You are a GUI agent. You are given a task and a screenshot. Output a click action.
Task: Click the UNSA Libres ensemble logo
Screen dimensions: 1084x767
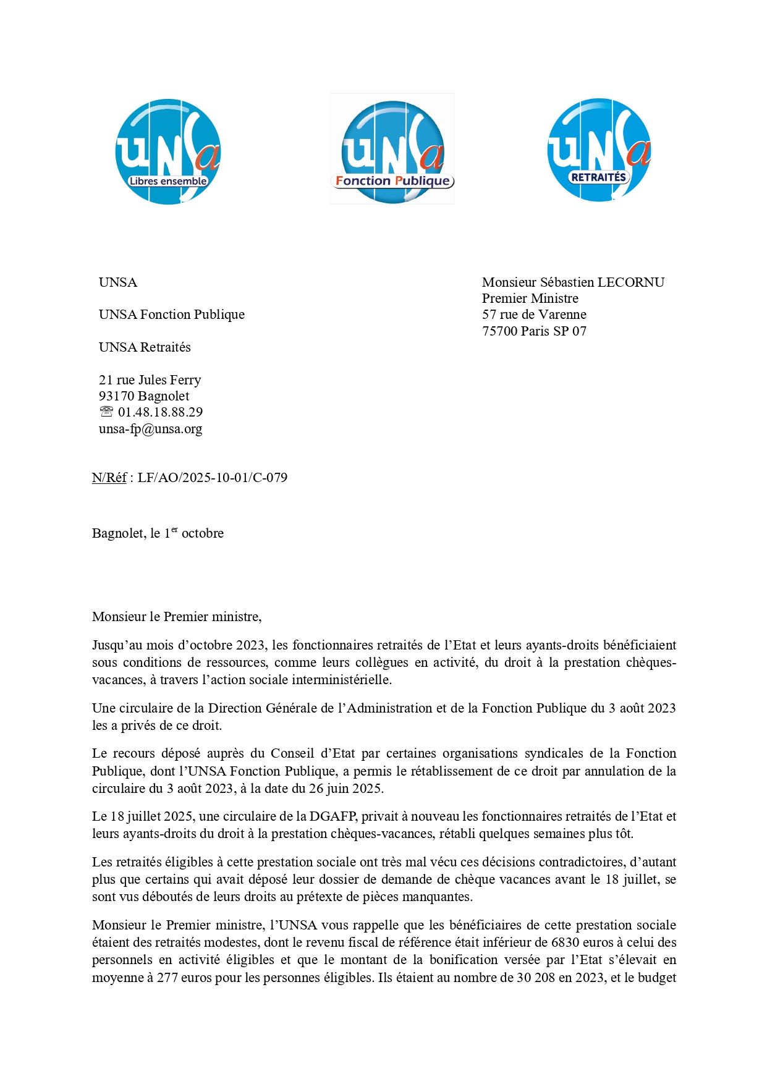click(168, 151)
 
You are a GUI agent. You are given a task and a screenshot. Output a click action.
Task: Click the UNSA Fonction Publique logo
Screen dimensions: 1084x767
click(392, 150)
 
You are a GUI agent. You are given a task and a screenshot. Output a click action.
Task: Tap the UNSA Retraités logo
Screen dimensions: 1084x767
click(599, 150)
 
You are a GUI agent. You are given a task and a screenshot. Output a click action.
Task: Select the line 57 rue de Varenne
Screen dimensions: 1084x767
click(534, 315)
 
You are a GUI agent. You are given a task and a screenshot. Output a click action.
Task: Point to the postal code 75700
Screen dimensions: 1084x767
click(499, 331)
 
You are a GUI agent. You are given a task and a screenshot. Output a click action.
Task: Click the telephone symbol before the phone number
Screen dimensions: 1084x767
click(106, 412)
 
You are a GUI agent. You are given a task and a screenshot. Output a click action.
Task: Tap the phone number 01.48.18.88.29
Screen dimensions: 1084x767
click(160, 412)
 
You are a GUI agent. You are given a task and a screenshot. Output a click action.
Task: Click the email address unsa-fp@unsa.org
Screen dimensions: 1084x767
click(150, 429)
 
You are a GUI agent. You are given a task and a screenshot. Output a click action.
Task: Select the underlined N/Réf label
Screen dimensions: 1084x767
click(109, 478)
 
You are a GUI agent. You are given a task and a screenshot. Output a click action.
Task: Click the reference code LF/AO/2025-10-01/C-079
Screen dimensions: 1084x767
click(212, 478)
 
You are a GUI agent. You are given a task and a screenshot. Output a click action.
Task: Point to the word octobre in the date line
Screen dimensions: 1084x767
click(203, 533)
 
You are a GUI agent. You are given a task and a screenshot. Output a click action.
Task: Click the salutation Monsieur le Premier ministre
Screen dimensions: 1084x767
click(176, 617)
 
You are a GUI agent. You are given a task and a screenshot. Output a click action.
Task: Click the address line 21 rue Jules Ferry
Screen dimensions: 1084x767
click(150, 380)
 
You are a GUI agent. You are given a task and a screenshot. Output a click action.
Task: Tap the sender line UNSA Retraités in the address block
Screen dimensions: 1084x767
click(145, 347)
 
